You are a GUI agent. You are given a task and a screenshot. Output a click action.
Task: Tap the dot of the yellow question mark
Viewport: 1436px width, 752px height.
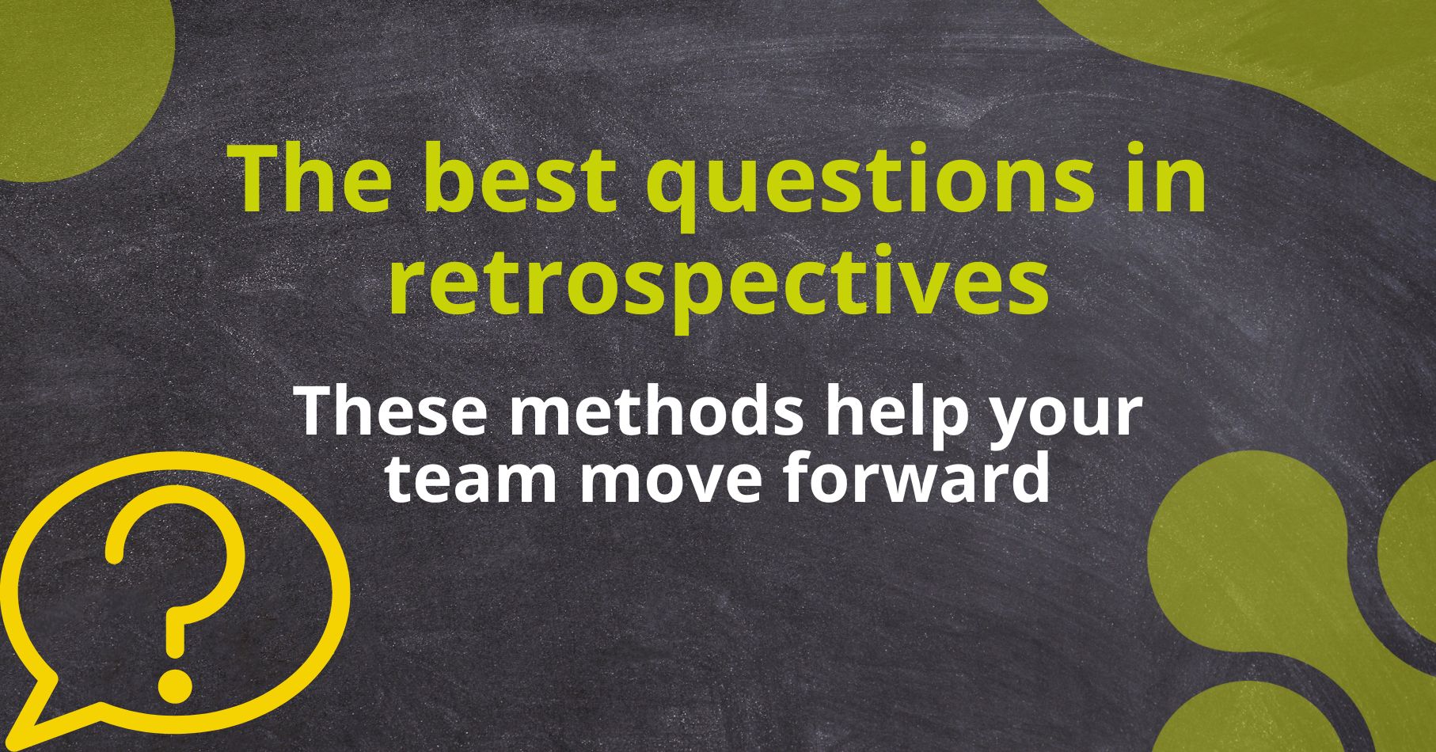175,683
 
